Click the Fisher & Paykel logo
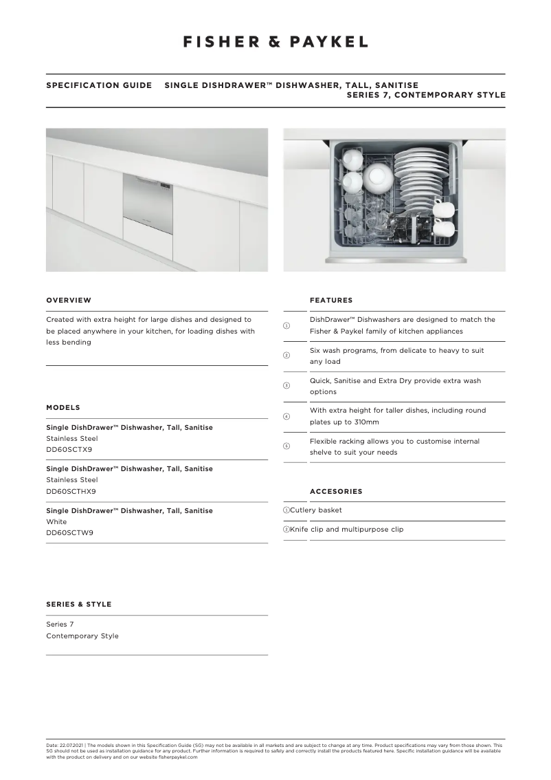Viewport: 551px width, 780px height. (x=275, y=42)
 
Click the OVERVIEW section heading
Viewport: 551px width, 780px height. (x=69, y=300)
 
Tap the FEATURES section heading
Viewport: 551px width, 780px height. (x=331, y=300)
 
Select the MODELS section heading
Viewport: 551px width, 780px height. (x=63, y=407)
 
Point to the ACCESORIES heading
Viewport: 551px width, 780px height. (x=336, y=491)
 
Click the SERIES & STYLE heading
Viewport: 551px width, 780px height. (x=78, y=604)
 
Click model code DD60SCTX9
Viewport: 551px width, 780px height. (x=69, y=449)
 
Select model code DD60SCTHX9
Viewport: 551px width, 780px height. (x=71, y=491)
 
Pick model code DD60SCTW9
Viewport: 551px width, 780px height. (x=69, y=532)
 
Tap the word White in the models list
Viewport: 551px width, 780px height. (x=56, y=521)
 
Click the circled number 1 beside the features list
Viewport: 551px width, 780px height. (x=286, y=325)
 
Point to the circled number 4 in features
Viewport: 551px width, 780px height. (x=286, y=416)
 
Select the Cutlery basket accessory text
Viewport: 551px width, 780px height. (x=315, y=510)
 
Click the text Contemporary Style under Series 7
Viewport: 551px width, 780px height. (x=82, y=636)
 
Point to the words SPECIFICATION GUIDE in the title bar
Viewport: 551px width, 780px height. (x=99, y=85)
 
